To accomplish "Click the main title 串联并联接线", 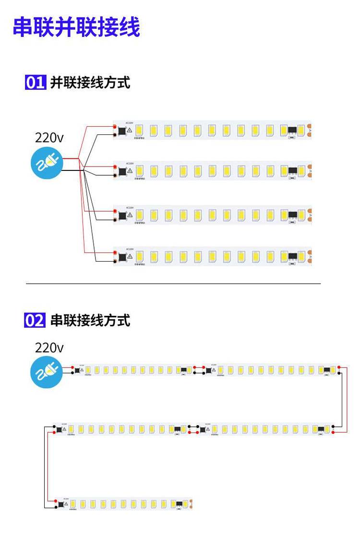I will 76,27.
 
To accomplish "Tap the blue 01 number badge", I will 35,83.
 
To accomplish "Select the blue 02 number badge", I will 35,320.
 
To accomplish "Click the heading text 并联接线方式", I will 90,83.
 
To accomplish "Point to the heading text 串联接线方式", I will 90,320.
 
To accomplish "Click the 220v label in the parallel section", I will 49,138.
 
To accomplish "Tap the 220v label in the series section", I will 49,348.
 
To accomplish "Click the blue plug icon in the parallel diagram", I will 47,164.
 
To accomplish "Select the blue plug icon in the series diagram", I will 47,373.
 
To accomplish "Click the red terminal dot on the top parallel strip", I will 115,127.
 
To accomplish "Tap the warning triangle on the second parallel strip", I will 130,170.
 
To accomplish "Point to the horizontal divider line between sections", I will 173,284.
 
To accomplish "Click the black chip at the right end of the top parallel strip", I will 292,130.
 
